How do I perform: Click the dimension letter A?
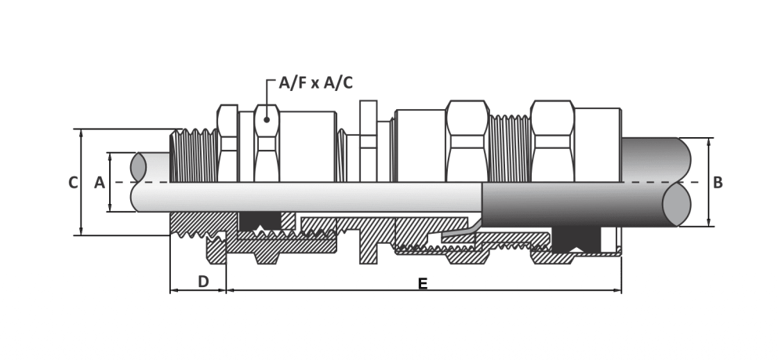(100, 183)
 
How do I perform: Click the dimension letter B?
(718, 183)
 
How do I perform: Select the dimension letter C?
(73, 183)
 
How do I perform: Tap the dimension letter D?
(203, 282)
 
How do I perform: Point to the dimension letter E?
(422, 284)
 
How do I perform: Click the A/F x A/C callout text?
(315, 83)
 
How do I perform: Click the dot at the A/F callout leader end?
(267, 119)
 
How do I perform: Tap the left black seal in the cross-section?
(260, 221)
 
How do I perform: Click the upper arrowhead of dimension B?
(708, 142)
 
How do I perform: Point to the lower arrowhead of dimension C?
(81, 231)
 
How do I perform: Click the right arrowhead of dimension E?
(617, 290)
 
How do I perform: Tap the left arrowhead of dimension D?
(174, 290)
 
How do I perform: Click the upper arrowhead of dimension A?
(110, 157)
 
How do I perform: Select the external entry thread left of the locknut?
(194, 156)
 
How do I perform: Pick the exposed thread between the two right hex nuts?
(510, 148)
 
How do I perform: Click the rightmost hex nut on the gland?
(553, 141)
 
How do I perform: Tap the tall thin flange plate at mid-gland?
(368, 141)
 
